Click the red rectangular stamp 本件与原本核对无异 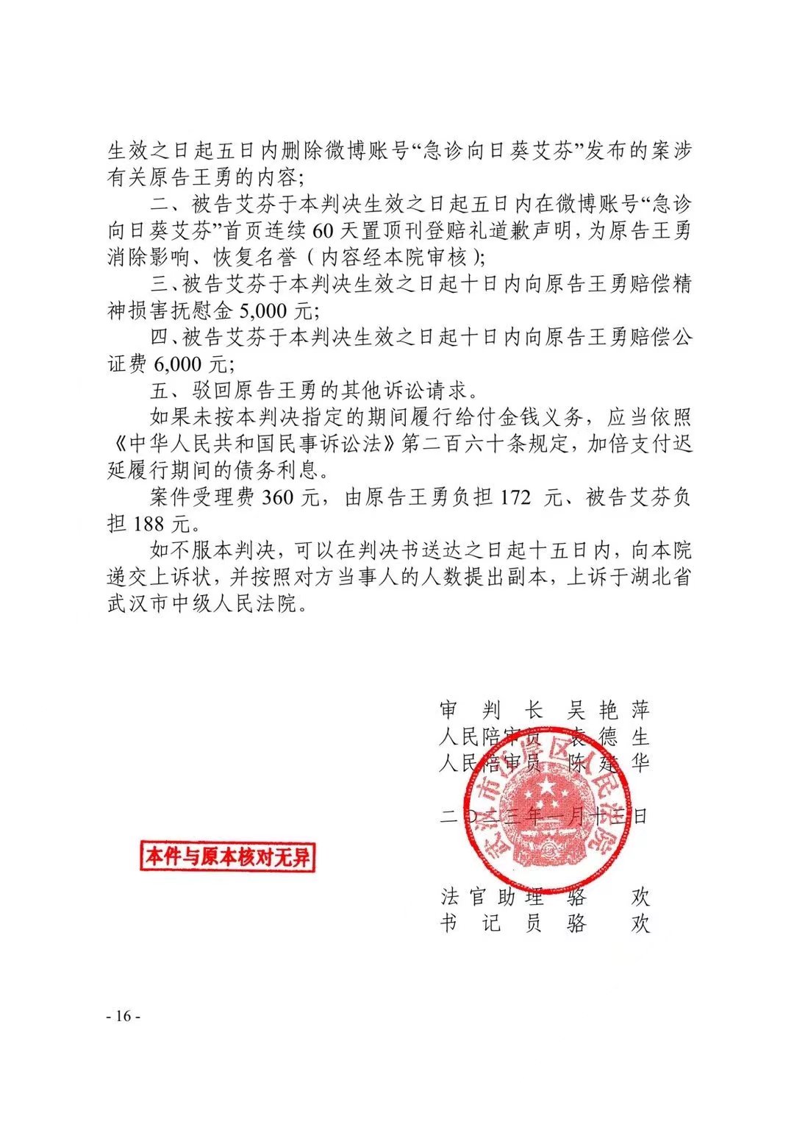click(x=227, y=856)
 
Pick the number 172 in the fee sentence click(x=515, y=498)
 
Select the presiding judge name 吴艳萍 click(x=608, y=710)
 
